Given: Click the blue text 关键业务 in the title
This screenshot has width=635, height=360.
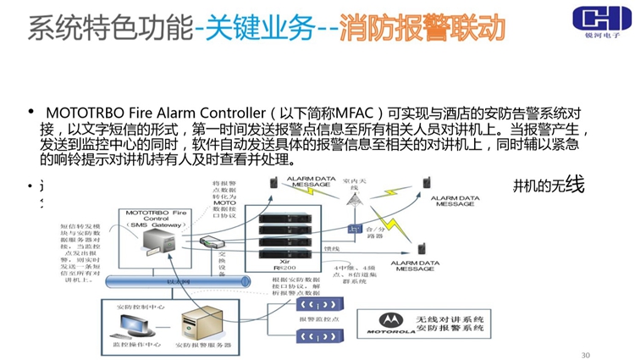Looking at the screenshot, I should (259, 27).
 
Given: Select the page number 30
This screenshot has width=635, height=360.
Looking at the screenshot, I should (585, 353).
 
